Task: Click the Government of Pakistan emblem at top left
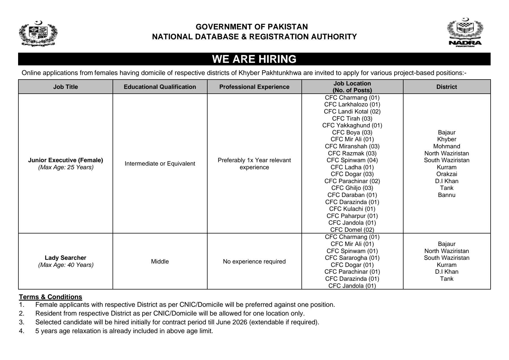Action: [38, 34]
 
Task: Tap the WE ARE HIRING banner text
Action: [254, 59]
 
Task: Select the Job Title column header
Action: [66, 87]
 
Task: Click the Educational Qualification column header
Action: [160, 87]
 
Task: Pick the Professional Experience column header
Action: [254, 87]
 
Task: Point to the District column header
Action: [447, 87]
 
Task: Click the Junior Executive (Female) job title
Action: [66, 160]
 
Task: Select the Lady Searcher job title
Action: [66, 258]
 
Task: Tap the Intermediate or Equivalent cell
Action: [160, 164]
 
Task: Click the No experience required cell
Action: [254, 262]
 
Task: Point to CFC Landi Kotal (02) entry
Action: [352, 112]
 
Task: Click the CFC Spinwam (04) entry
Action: [352, 160]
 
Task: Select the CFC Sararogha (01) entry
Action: [352, 258]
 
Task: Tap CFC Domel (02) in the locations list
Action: [352, 230]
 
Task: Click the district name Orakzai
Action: [447, 174]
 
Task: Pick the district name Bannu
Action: [447, 195]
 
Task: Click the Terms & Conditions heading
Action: [51, 297]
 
